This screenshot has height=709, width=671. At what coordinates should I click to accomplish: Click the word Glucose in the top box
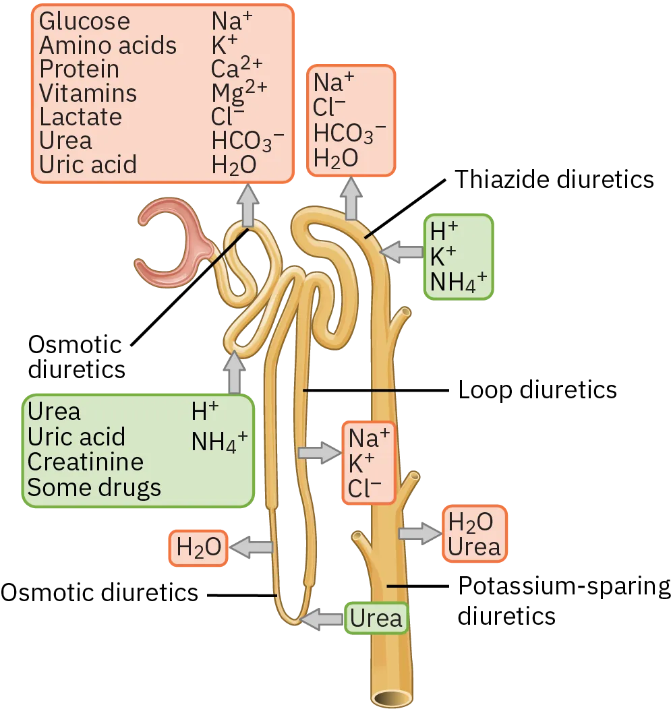84,22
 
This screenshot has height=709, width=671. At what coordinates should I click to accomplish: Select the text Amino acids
108,46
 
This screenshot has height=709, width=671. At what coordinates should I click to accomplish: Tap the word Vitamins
88,93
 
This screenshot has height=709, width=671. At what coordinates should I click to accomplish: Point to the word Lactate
81,117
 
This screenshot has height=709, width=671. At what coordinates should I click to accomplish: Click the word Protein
79,69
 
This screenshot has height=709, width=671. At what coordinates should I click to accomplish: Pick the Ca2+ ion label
237,69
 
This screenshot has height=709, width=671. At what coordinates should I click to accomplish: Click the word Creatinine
85,462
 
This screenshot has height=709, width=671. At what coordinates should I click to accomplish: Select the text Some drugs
94,487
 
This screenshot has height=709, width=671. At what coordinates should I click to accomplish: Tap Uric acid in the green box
76,437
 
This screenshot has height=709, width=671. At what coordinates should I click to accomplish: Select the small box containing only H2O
198,549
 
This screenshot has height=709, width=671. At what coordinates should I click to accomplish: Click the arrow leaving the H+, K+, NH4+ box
401,252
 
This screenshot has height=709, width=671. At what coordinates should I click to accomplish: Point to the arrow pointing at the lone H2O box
250,548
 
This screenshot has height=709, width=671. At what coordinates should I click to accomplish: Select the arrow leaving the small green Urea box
323,619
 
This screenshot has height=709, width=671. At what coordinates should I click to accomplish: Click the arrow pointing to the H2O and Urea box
419,533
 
